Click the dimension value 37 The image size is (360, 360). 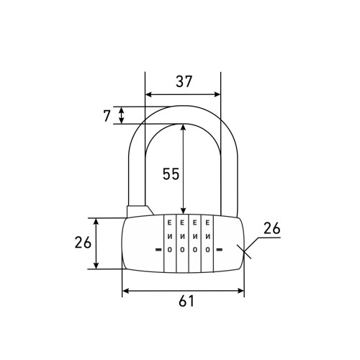click(184, 81)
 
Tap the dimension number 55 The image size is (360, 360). click(171, 174)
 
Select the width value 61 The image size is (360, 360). click(186, 301)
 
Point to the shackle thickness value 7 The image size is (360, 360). click(107, 116)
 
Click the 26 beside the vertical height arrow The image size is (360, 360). click(83, 242)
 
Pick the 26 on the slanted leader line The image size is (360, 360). click(272, 228)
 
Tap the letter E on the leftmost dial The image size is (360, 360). click(169, 223)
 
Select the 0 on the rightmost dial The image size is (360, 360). click(208, 250)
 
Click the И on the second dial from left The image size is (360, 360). click(182, 236)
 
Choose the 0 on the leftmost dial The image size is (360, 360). click(169, 250)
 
